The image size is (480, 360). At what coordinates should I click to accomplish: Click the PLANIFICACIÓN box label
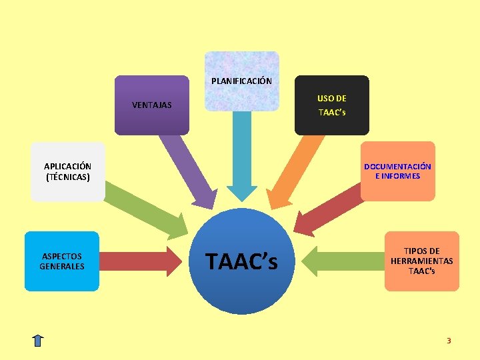point(241,81)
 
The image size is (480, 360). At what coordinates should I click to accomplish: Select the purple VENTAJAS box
point(152,105)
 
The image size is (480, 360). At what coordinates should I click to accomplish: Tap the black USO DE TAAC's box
point(332,105)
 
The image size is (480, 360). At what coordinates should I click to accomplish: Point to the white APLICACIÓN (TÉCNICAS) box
point(67,172)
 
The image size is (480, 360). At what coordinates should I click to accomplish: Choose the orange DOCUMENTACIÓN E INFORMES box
point(397,171)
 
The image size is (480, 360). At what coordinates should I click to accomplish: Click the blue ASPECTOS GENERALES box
point(62,261)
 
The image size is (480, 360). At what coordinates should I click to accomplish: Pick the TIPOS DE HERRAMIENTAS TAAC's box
point(421,261)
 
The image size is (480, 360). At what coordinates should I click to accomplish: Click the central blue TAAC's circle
point(241,261)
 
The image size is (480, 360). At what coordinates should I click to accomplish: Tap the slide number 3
point(449,341)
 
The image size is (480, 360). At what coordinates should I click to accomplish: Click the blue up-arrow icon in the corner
point(38,340)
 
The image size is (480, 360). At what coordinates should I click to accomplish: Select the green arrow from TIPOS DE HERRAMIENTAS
point(343,261)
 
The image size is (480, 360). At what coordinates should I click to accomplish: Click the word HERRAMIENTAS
point(421,261)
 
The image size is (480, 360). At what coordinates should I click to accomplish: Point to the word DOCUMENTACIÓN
point(397,167)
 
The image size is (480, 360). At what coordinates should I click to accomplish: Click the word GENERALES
point(62,266)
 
